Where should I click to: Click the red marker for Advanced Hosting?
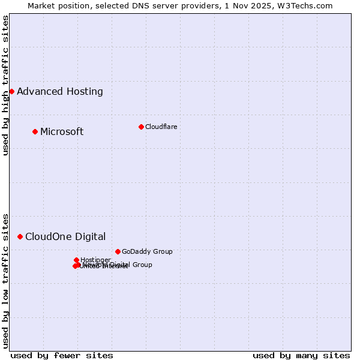[11, 91]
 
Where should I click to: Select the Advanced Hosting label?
[60, 92]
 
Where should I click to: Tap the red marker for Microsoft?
[35, 131]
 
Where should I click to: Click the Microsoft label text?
[62, 132]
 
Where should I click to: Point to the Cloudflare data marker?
[141, 127]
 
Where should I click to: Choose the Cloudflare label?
[161, 127]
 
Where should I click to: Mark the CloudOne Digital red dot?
[20, 236]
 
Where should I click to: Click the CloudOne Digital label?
[65, 237]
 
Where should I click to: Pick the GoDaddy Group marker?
[118, 251]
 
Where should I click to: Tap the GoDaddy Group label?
[147, 252]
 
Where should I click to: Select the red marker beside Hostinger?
[76, 260]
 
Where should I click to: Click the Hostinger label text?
[95, 260]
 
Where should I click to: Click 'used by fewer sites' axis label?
[62, 355]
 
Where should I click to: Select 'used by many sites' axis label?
[301, 355]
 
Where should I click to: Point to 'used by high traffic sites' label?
[6, 85]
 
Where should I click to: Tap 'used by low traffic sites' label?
[6, 280]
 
